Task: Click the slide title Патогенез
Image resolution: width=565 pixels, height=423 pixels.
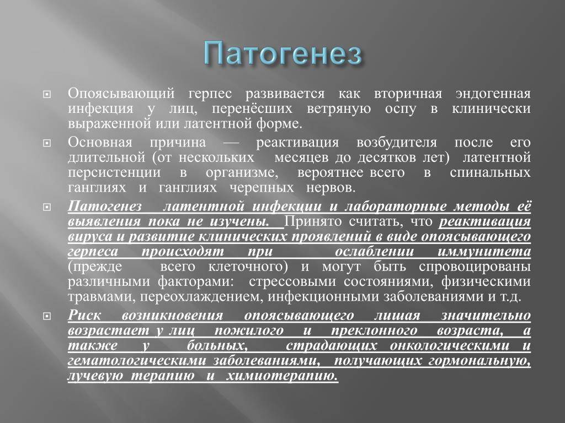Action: click(x=282, y=53)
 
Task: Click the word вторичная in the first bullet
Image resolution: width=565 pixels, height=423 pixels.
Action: click(x=408, y=94)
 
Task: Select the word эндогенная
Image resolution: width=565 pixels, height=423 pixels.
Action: click(x=493, y=94)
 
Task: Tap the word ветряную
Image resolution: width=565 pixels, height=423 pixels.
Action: click(x=339, y=109)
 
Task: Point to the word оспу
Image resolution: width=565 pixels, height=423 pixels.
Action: click(x=401, y=109)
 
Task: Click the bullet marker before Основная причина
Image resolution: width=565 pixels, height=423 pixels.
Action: click(x=47, y=143)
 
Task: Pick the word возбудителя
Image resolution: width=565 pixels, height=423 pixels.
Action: click(x=396, y=143)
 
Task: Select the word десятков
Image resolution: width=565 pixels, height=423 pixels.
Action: click(x=388, y=158)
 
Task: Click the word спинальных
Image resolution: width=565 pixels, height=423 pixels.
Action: click(x=490, y=173)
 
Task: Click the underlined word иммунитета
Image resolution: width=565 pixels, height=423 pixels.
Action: click(x=484, y=251)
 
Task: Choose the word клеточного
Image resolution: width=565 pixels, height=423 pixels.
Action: click(x=248, y=267)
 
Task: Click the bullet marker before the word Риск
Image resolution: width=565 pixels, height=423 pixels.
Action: click(x=47, y=316)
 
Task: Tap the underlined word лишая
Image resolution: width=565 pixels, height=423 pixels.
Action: click(x=397, y=316)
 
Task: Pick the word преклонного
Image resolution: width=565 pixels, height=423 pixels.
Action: click(x=375, y=331)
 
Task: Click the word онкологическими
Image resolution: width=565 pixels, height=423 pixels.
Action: click(x=450, y=346)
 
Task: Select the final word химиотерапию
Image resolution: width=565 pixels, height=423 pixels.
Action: click(x=282, y=376)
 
